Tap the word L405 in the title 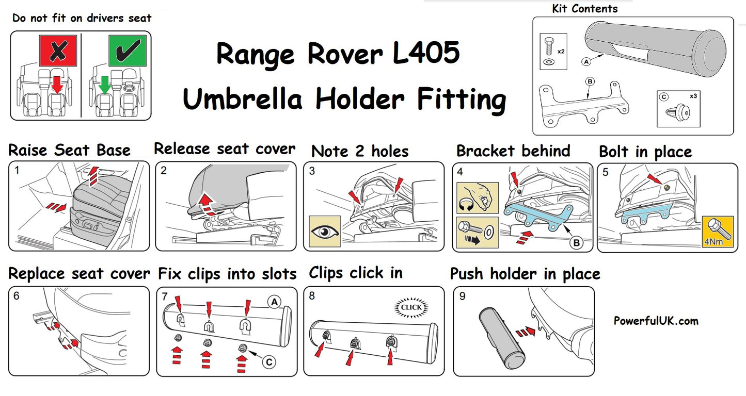[x=426, y=54]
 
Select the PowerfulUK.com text [x=656, y=321]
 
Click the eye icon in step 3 [x=324, y=231]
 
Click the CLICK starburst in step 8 [x=411, y=308]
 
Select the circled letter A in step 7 [x=273, y=302]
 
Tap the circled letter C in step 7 [x=269, y=362]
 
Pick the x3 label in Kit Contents [x=708, y=96]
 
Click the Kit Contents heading [x=584, y=9]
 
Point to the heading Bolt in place [x=645, y=152]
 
